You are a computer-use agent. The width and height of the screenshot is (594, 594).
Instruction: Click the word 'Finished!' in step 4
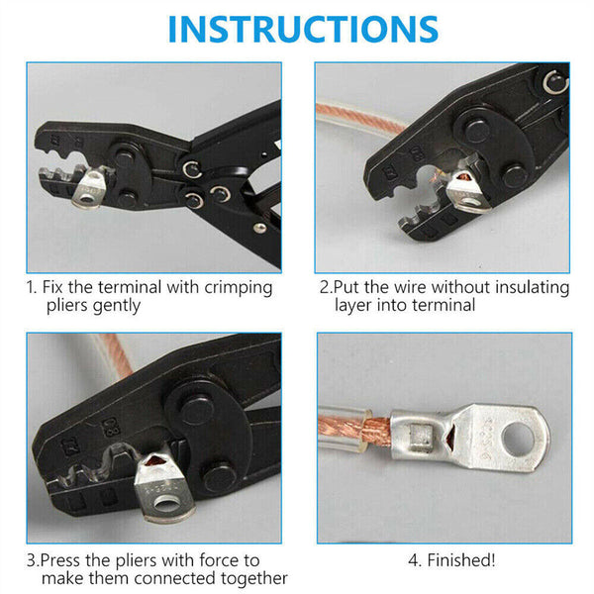pyautogui.click(x=463, y=560)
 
